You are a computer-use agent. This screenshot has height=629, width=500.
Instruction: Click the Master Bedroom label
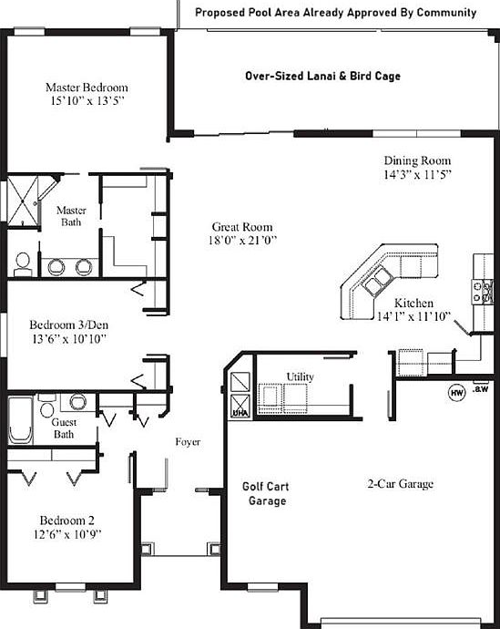tap(87, 88)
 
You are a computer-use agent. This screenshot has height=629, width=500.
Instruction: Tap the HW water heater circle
tap(456, 393)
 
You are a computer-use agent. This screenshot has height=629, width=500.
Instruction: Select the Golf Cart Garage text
tap(266, 493)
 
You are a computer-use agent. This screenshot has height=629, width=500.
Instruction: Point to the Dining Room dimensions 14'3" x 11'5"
tap(418, 173)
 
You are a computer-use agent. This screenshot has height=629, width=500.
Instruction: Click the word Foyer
tap(188, 442)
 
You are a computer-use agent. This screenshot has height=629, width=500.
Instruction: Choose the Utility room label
tap(301, 376)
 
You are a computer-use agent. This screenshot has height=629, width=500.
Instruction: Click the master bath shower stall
tap(25, 198)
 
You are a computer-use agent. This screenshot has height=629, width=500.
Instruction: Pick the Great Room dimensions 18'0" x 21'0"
tap(242, 241)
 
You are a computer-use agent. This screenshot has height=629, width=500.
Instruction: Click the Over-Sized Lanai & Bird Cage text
tap(322, 77)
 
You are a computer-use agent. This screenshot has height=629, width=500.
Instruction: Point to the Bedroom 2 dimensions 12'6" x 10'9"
tap(68, 532)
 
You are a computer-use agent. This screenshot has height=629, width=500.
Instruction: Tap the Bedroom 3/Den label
tap(68, 325)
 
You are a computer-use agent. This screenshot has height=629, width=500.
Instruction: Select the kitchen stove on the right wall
tap(483, 293)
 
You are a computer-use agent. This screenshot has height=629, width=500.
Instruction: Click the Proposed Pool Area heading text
tap(336, 13)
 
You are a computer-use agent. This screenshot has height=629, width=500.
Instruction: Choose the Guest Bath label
tap(63, 429)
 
